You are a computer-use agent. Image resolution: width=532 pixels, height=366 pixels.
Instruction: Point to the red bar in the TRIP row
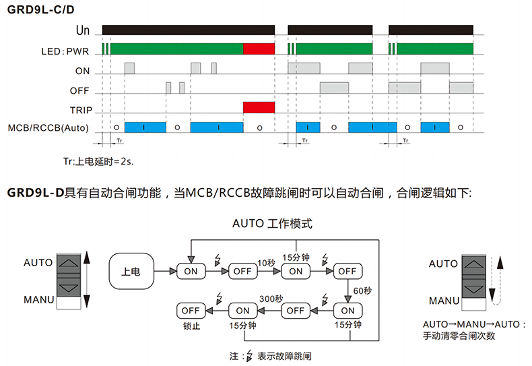[x=259, y=107]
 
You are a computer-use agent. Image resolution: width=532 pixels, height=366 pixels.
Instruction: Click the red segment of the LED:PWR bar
[x=259, y=49]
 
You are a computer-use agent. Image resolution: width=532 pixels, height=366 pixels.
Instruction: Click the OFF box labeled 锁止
[x=191, y=311]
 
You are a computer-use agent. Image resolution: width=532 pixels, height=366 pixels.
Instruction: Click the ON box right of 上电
[x=191, y=271]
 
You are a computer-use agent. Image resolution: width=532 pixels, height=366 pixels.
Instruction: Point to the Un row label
[x=83, y=31]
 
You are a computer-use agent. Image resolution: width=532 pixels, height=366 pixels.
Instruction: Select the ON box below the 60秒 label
[x=347, y=311]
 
